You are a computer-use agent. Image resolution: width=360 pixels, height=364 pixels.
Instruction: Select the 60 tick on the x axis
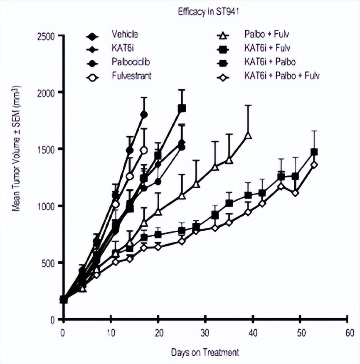[348, 332]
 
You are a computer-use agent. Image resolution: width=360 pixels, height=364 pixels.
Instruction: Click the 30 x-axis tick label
[205, 332]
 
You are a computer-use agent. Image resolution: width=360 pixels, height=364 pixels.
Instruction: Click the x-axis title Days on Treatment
[205, 352]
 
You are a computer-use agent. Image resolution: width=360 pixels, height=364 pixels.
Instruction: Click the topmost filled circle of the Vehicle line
[144, 114]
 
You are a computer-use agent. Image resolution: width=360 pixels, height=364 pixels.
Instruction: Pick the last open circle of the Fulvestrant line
[144, 150]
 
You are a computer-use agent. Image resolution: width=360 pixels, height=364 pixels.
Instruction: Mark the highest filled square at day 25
[182, 108]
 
